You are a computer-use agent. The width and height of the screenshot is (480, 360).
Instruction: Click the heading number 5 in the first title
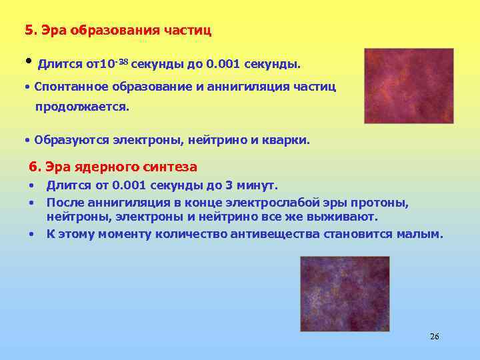(28, 30)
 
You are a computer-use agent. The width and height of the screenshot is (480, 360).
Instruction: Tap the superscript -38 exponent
(123, 62)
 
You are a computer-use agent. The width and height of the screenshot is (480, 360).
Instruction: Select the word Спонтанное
(64, 87)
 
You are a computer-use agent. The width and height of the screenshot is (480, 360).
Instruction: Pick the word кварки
(287, 141)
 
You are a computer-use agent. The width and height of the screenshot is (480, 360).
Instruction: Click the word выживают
(346, 217)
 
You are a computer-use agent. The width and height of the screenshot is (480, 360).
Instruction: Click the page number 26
(435, 336)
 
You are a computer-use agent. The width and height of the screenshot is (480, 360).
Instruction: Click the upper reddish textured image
(409, 85)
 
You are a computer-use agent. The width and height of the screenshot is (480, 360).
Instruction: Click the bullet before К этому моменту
(31, 234)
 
